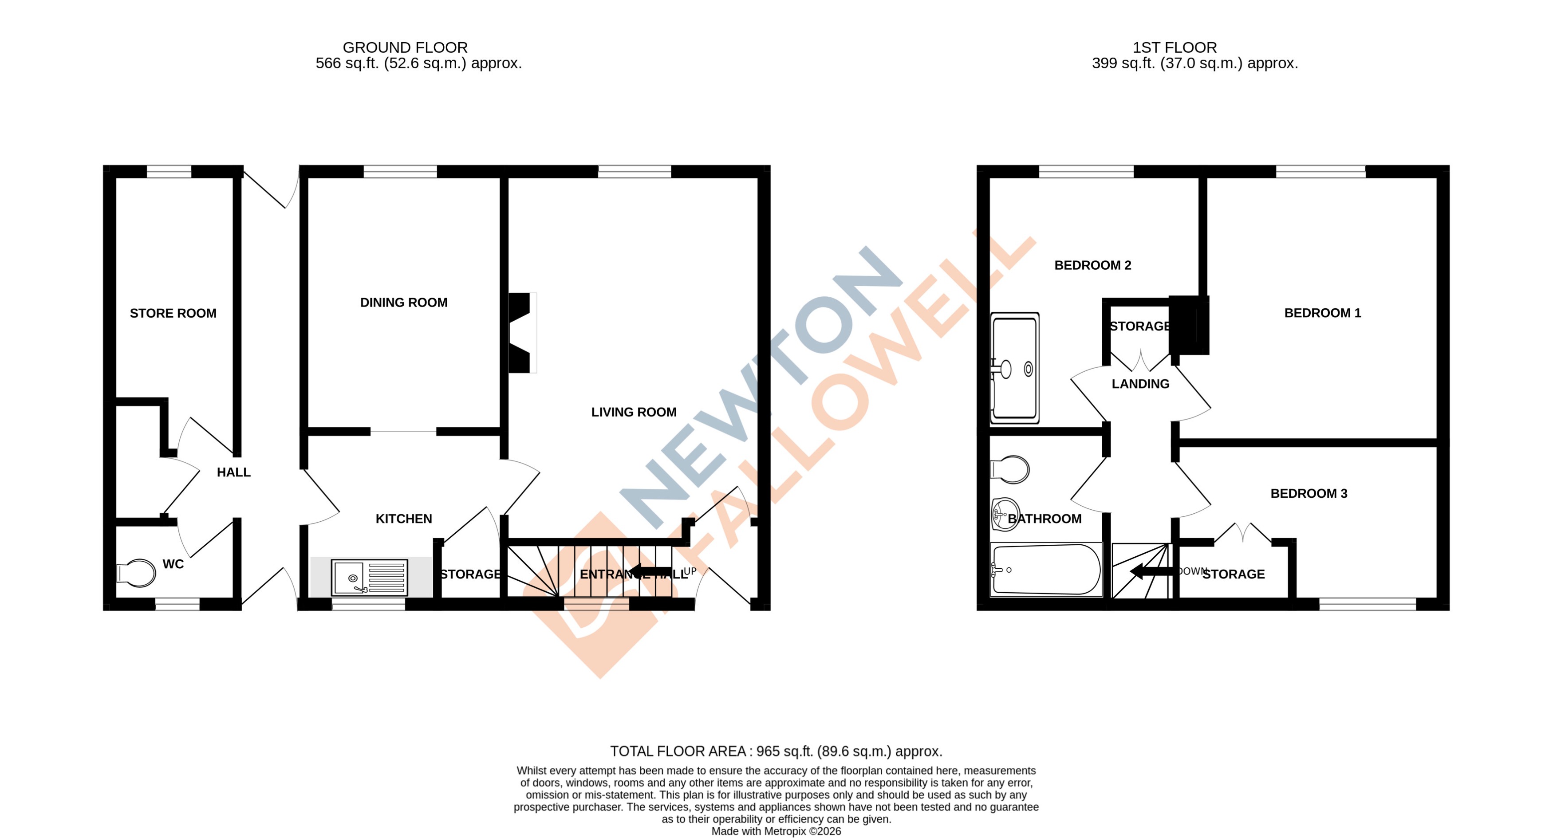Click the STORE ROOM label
click(x=173, y=313)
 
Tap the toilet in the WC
click(x=137, y=573)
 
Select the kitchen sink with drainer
click(x=370, y=578)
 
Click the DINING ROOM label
click(x=403, y=303)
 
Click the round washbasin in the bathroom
click(x=1005, y=514)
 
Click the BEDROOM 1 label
click(x=1322, y=313)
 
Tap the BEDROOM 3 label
click(x=1308, y=494)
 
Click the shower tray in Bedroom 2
click(x=1015, y=368)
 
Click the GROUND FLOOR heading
click(x=405, y=47)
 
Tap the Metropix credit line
click(x=776, y=831)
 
